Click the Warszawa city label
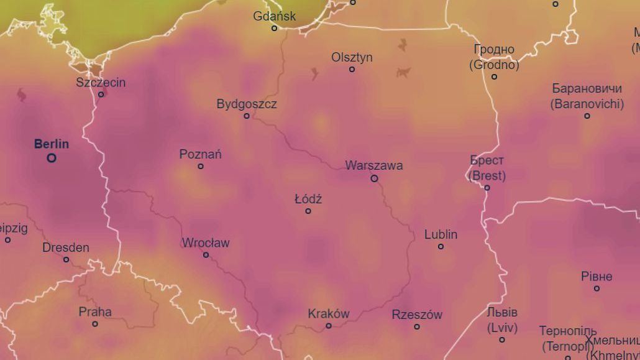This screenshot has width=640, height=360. click(x=374, y=165)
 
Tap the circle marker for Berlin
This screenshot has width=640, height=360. click(x=52, y=158)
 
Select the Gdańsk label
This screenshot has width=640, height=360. click(x=275, y=16)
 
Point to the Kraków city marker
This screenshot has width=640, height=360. click(x=329, y=325)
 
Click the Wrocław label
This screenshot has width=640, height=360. click(x=206, y=242)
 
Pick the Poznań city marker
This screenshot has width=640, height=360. click(x=201, y=166)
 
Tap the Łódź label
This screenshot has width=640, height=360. click(x=308, y=199)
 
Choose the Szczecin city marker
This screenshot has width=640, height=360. click(x=101, y=95)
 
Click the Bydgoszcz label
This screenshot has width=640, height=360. click(x=247, y=104)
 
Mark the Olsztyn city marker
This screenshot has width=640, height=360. click(x=352, y=69)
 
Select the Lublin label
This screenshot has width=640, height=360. click(x=441, y=234)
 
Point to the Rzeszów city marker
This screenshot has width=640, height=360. click(x=417, y=326)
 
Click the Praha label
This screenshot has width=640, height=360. click(x=95, y=312)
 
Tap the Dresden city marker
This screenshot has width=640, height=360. click(x=66, y=259)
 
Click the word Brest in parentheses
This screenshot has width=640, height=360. click(x=487, y=176)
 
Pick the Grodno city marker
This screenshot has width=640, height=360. click(x=495, y=76)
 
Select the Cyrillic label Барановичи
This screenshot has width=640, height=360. click(x=587, y=88)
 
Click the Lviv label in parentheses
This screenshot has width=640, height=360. click(x=502, y=327)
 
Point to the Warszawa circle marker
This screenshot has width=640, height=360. click(x=374, y=178)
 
